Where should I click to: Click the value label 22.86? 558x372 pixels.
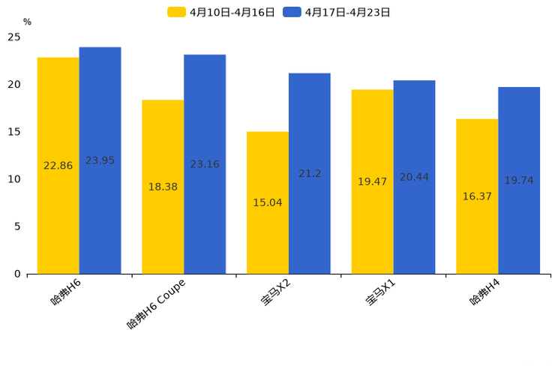click(58, 166)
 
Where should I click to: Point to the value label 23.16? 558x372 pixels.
click(205, 164)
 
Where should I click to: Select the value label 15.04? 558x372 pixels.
click(268, 202)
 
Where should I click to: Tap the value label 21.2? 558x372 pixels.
click(310, 173)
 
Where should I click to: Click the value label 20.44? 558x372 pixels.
click(414, 177)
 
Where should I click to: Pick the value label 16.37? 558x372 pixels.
click(477, 196)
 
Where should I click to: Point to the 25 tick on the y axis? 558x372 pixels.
click(14, 37)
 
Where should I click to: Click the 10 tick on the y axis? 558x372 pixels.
click(14, 179)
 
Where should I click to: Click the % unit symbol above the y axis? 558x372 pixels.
click(27, 22)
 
